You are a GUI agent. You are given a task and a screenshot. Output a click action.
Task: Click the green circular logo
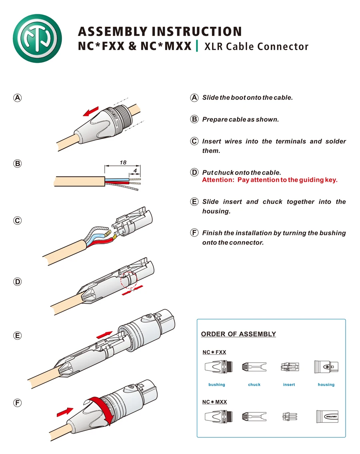(x=37, y=38)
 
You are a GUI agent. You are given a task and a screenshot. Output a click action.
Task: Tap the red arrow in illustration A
(x=91, y=111)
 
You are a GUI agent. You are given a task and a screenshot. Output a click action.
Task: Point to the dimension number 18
(x=123, y=163)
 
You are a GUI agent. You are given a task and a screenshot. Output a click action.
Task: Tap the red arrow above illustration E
(x=104, y=334)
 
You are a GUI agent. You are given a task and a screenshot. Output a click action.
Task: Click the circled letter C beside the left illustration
(x=17, y=221)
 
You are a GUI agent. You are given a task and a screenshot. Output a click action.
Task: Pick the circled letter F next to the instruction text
(x=194, y=233)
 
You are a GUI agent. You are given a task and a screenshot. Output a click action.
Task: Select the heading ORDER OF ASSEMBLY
(x=238, y=334)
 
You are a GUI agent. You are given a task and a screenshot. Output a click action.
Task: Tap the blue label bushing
(x=217, y=384)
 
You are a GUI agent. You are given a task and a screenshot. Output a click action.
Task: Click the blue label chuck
(x=254, y=384)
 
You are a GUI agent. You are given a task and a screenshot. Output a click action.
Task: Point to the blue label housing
(x=326, y=384)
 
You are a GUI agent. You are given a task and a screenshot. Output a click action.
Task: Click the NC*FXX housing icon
(x=326, y=367)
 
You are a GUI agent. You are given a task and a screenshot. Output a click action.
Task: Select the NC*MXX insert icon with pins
(x=289, y=416)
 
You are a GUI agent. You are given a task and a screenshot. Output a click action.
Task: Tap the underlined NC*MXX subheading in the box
(x=214, y=402)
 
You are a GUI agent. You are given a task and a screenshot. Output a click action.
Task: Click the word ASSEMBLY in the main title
(x=112, y=32)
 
